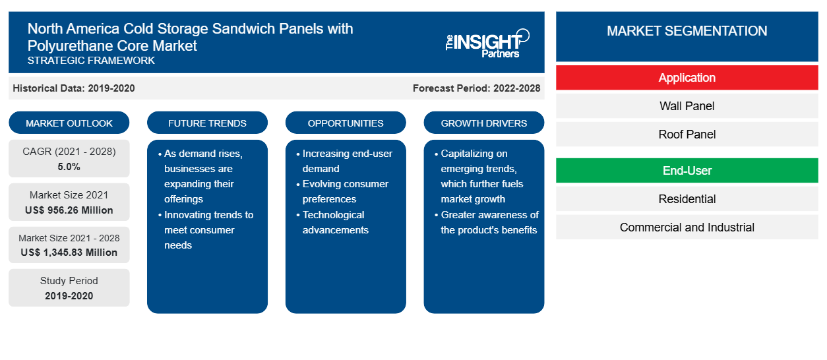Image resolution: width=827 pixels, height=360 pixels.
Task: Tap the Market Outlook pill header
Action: [69, 123]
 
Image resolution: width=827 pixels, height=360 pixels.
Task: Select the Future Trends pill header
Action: [207, 123]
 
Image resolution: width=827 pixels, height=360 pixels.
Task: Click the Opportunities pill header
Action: [346, 123]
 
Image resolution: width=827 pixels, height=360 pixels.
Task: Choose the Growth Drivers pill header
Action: [484, 123]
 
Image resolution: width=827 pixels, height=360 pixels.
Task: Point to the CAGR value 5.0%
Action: [69, 167]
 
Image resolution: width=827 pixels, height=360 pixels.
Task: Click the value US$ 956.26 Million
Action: [69, 210]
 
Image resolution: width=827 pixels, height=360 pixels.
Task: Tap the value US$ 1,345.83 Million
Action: [69, 253]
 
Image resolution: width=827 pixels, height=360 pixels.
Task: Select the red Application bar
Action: [687, 78]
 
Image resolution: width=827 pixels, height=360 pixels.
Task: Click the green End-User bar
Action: [687, 171]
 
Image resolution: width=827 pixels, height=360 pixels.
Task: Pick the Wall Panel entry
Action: [687, 106]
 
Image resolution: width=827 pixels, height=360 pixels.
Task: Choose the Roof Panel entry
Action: [687, 135]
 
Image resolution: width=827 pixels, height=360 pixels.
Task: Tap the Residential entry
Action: [687, 199]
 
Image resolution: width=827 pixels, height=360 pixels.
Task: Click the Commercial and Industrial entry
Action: [687, 227]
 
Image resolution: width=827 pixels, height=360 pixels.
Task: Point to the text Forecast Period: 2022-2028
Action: [476, 88]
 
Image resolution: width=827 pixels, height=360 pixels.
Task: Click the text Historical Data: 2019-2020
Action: [74, 88]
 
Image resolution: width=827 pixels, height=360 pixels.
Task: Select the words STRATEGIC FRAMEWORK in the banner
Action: [91, 61]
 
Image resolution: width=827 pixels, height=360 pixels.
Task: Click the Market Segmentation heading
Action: [687, 30]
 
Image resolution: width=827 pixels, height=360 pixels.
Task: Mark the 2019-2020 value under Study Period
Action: [69, 296]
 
